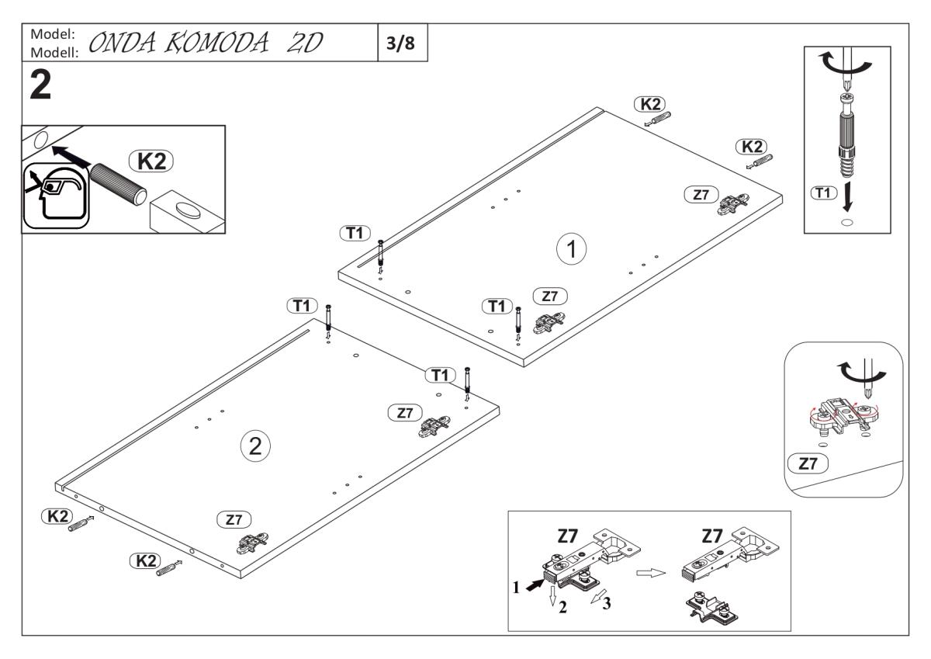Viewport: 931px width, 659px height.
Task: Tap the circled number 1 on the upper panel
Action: click(572, 249)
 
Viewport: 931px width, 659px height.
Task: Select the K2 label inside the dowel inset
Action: click(151, 161)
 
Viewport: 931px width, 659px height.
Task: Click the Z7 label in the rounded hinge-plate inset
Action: click(808, 463)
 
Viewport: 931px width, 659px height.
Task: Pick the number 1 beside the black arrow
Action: click(515, 588)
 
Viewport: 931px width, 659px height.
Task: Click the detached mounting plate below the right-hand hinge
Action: click(711, 608)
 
